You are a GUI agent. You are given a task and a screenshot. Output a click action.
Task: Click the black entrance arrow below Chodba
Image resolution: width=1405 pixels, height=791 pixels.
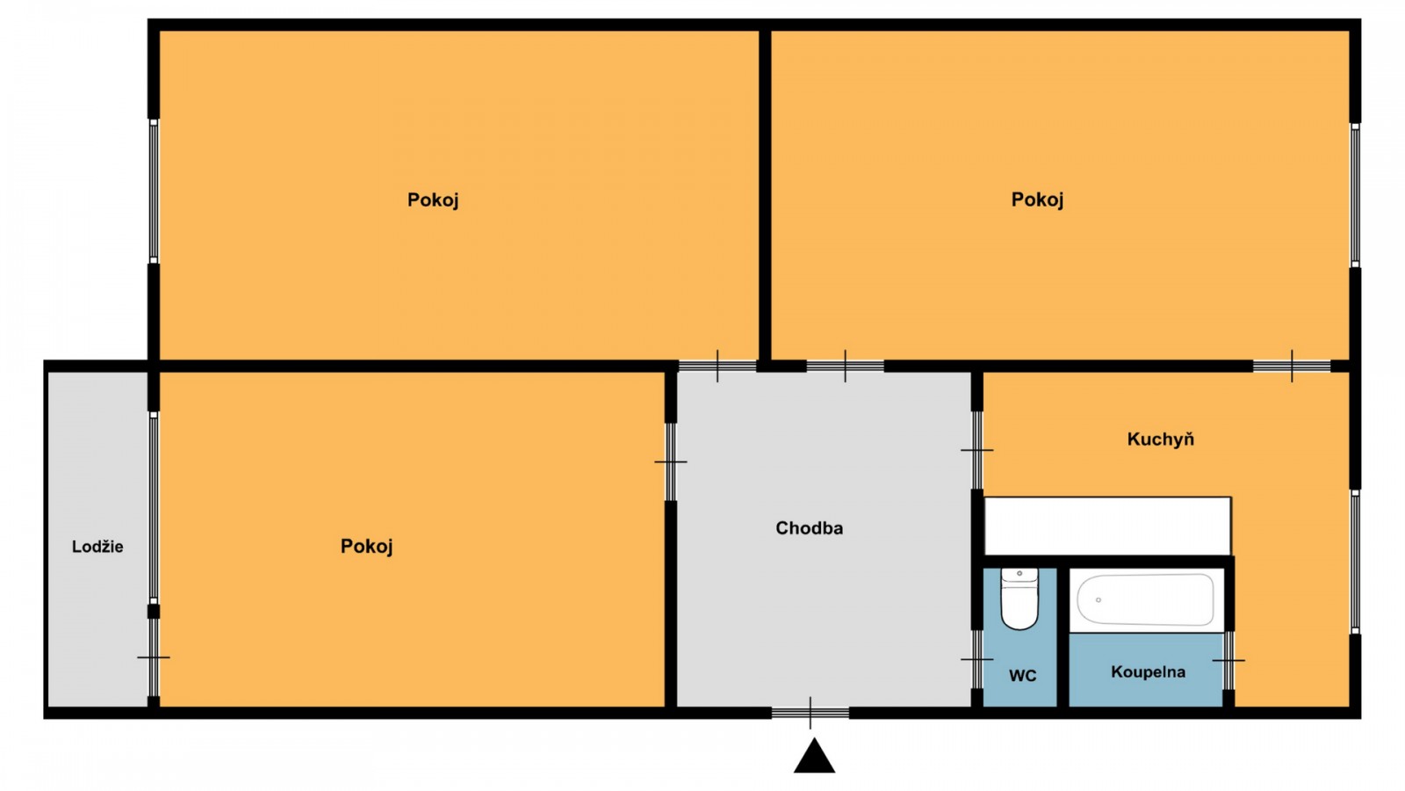(x=814, y=758)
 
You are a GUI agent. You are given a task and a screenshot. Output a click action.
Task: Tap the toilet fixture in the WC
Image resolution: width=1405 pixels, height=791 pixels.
(x=1020, y=599)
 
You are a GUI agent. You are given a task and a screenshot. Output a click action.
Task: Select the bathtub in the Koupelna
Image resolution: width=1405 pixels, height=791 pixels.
(x=1145, y=599)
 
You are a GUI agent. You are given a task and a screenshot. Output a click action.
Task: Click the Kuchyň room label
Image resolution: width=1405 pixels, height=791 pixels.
(x=1160, y=439)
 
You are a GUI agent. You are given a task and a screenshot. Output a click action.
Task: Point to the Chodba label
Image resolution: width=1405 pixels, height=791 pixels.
(x=809, y=528)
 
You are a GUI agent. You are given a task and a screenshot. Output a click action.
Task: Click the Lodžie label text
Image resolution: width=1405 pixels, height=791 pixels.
(x=97, y=547)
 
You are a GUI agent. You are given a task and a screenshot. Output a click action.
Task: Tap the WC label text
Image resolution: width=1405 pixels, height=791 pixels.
(x=1022, y=676)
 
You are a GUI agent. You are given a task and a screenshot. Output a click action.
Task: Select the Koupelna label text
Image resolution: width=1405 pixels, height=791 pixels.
(x=1148, y=672)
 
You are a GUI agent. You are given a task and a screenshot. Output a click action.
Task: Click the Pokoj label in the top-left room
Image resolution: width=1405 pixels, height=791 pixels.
(x=433, y=200)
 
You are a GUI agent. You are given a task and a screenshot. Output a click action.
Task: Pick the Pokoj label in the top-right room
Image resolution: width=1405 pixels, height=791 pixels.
(x=1037, y=200)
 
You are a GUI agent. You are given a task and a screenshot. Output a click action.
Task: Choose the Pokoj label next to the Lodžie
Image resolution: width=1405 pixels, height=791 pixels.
(x=366, y=547)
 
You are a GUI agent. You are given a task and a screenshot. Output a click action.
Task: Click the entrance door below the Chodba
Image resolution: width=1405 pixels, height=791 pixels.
(x=811, y=713)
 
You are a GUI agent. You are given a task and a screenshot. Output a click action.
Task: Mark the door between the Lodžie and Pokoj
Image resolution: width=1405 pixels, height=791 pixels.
(x=154, y=657)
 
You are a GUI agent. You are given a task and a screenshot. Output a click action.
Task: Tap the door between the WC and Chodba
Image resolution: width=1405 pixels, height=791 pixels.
(x=976, y=659)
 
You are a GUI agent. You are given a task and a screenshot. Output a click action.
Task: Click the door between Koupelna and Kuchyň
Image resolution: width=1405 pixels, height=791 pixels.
(x=1228, y=660)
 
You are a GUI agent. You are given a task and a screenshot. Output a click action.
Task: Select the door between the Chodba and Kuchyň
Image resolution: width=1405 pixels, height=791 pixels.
(x=976, y=450)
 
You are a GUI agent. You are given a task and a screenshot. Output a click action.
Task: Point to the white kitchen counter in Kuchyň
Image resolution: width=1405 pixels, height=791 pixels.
(x=1106, y=526)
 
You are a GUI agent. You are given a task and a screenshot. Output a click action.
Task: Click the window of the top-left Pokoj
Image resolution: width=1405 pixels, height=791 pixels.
(x=154, y=191)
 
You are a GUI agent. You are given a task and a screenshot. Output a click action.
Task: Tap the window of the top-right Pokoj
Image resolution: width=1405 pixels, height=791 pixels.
(x=1355, y=195)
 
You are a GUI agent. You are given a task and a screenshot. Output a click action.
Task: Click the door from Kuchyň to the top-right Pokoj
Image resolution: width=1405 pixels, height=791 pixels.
(x=1292, y=366)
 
